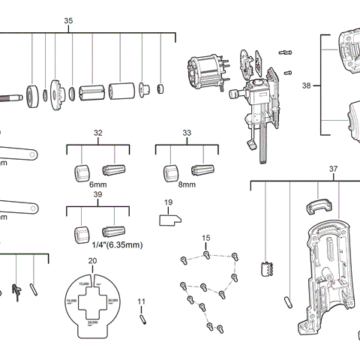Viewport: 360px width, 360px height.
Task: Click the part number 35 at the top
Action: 68,20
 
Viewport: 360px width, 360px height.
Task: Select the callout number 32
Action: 97,132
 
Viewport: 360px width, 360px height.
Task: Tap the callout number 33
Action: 187,132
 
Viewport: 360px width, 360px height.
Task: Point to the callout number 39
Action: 97,194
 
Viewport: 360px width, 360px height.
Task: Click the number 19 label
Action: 168,202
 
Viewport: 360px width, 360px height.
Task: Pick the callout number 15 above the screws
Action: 205,238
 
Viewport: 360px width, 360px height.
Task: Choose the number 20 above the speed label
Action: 92,260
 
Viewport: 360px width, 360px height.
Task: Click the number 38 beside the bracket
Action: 306,86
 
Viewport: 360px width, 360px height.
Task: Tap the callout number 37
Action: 333,169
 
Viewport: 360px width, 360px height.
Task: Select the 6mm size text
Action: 97,184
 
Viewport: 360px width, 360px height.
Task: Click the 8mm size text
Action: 187,184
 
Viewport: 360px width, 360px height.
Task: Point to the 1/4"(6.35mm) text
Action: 117,244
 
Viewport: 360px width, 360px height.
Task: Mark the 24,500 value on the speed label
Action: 93,322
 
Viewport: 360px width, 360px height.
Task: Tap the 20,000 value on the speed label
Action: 112,300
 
